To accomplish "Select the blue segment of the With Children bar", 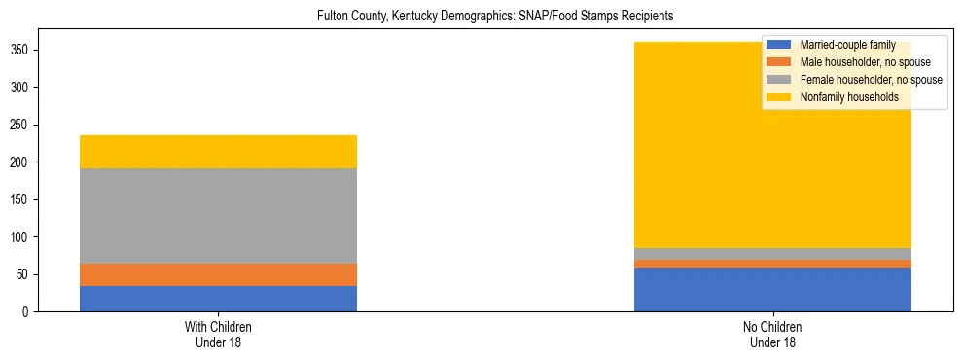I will pos(218,299).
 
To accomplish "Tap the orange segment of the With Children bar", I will pos(218,274).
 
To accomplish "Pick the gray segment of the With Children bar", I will pos(218,216).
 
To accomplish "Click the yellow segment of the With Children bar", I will pos(218,152).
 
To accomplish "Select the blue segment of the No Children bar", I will pos(772,289).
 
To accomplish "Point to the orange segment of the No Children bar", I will pos(772,263).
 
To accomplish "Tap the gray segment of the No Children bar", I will pos(772,254).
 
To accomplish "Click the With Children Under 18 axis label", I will pos(218,334).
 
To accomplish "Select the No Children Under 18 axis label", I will pos(772,334).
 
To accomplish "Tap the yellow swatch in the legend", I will pos(779,97).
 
